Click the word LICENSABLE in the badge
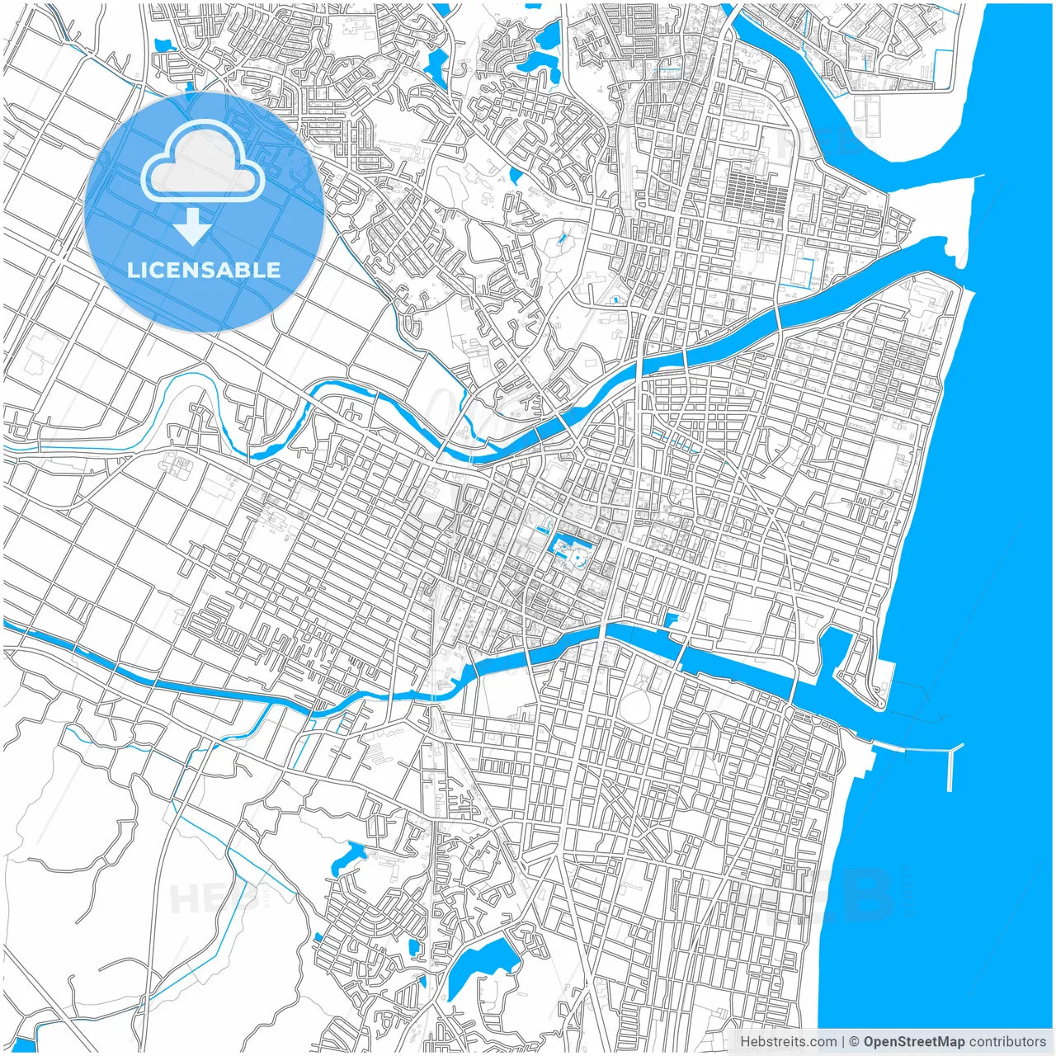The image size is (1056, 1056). click(204, 270)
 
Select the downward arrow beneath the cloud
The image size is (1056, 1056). click(192, 226)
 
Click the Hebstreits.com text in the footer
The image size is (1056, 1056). click(788, 1042)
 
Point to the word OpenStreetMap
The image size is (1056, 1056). click(914, 1042)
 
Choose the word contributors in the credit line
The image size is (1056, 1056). click(1006, 1042)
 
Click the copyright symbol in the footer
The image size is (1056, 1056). click(855, 1042)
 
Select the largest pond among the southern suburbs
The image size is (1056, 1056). click(478, 965)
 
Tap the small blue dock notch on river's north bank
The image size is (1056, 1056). click(672, 619)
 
